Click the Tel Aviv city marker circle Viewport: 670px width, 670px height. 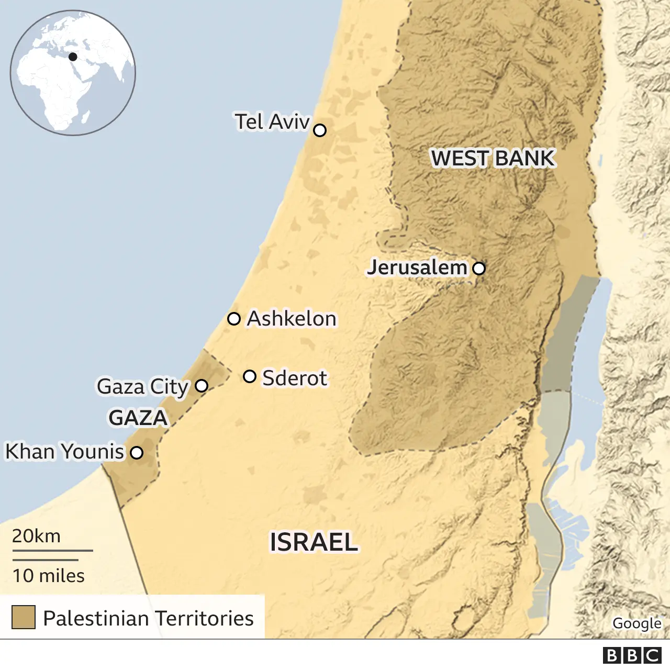(319, 130)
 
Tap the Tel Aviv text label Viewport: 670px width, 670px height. (272, 122)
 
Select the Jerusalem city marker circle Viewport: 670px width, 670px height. (479, 269)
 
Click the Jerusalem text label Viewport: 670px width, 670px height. (417, 267)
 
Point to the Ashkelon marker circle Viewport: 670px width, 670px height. (234, 319)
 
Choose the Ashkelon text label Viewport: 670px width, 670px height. (292, 319)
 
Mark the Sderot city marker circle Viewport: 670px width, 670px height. (250, 376)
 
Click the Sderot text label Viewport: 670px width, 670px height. (294, 378)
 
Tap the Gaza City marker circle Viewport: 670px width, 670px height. (202, 386)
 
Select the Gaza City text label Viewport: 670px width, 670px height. (142, 387)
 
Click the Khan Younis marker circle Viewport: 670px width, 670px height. (137, 453)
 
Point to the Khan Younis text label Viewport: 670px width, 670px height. (64, 452)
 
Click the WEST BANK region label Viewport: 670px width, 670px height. (493, 158)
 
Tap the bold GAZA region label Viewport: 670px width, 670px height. (138, 418)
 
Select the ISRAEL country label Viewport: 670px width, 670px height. (314, 542)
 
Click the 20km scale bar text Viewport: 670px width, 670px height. (36, 536)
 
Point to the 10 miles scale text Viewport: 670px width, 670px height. (48, 576)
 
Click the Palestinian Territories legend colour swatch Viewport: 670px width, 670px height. (24, 617)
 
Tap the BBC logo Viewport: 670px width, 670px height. (632, 655)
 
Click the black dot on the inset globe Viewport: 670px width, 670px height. (73, 57)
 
